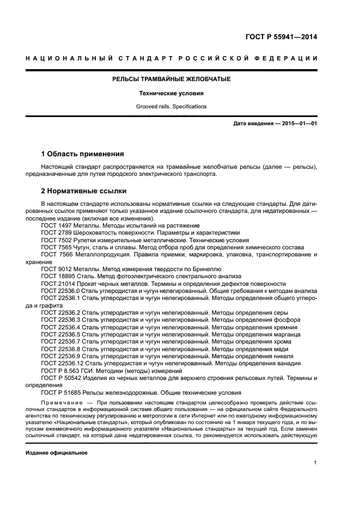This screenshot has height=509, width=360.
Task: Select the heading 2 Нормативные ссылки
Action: pos(84,191)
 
